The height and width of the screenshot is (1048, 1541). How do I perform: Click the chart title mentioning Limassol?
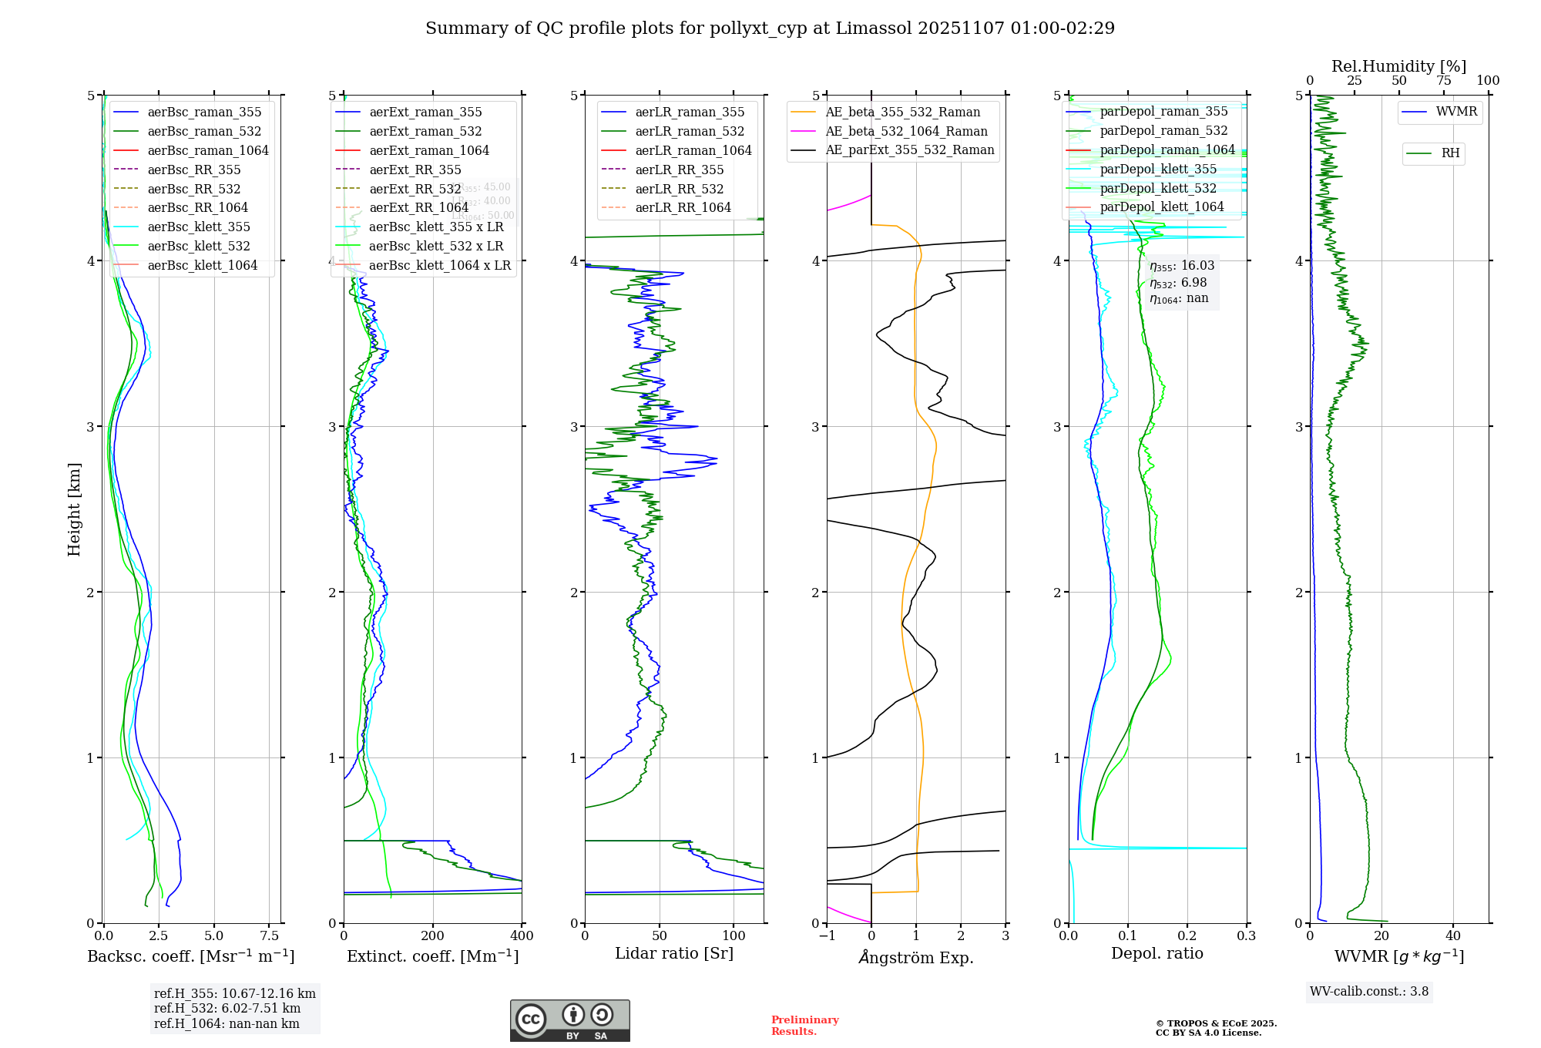(770, 29)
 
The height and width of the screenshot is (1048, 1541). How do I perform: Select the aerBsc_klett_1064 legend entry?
(202, 265)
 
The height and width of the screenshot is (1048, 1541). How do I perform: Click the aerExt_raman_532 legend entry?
(425, 131)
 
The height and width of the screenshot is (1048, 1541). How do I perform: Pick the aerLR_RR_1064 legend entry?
(683, 207)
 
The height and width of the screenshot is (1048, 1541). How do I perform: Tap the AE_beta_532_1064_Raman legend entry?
(906, 131)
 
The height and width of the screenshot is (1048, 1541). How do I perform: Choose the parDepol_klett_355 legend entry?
(1158, 169)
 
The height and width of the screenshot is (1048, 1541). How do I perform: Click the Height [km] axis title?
(74, 509)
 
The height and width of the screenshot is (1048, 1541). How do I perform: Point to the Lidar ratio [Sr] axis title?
(674, 953)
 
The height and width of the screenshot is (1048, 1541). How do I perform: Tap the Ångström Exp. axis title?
(916, 957)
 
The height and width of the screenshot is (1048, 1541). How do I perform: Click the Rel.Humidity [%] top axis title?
(1398, 66)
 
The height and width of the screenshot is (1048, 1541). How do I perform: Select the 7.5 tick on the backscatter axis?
(270, 936)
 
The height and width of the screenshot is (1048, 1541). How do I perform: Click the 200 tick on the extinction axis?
(433, 936)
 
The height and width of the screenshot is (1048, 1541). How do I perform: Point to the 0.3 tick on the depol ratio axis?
(1246, 936)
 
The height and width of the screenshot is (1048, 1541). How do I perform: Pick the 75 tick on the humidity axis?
(1443, 81)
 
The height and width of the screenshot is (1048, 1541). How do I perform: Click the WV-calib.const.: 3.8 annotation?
(1369, 992)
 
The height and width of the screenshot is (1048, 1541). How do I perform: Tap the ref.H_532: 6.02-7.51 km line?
(227, 1008)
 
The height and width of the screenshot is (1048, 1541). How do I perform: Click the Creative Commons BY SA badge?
(569, 1020)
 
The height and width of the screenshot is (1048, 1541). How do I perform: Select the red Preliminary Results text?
(804, 1025)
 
